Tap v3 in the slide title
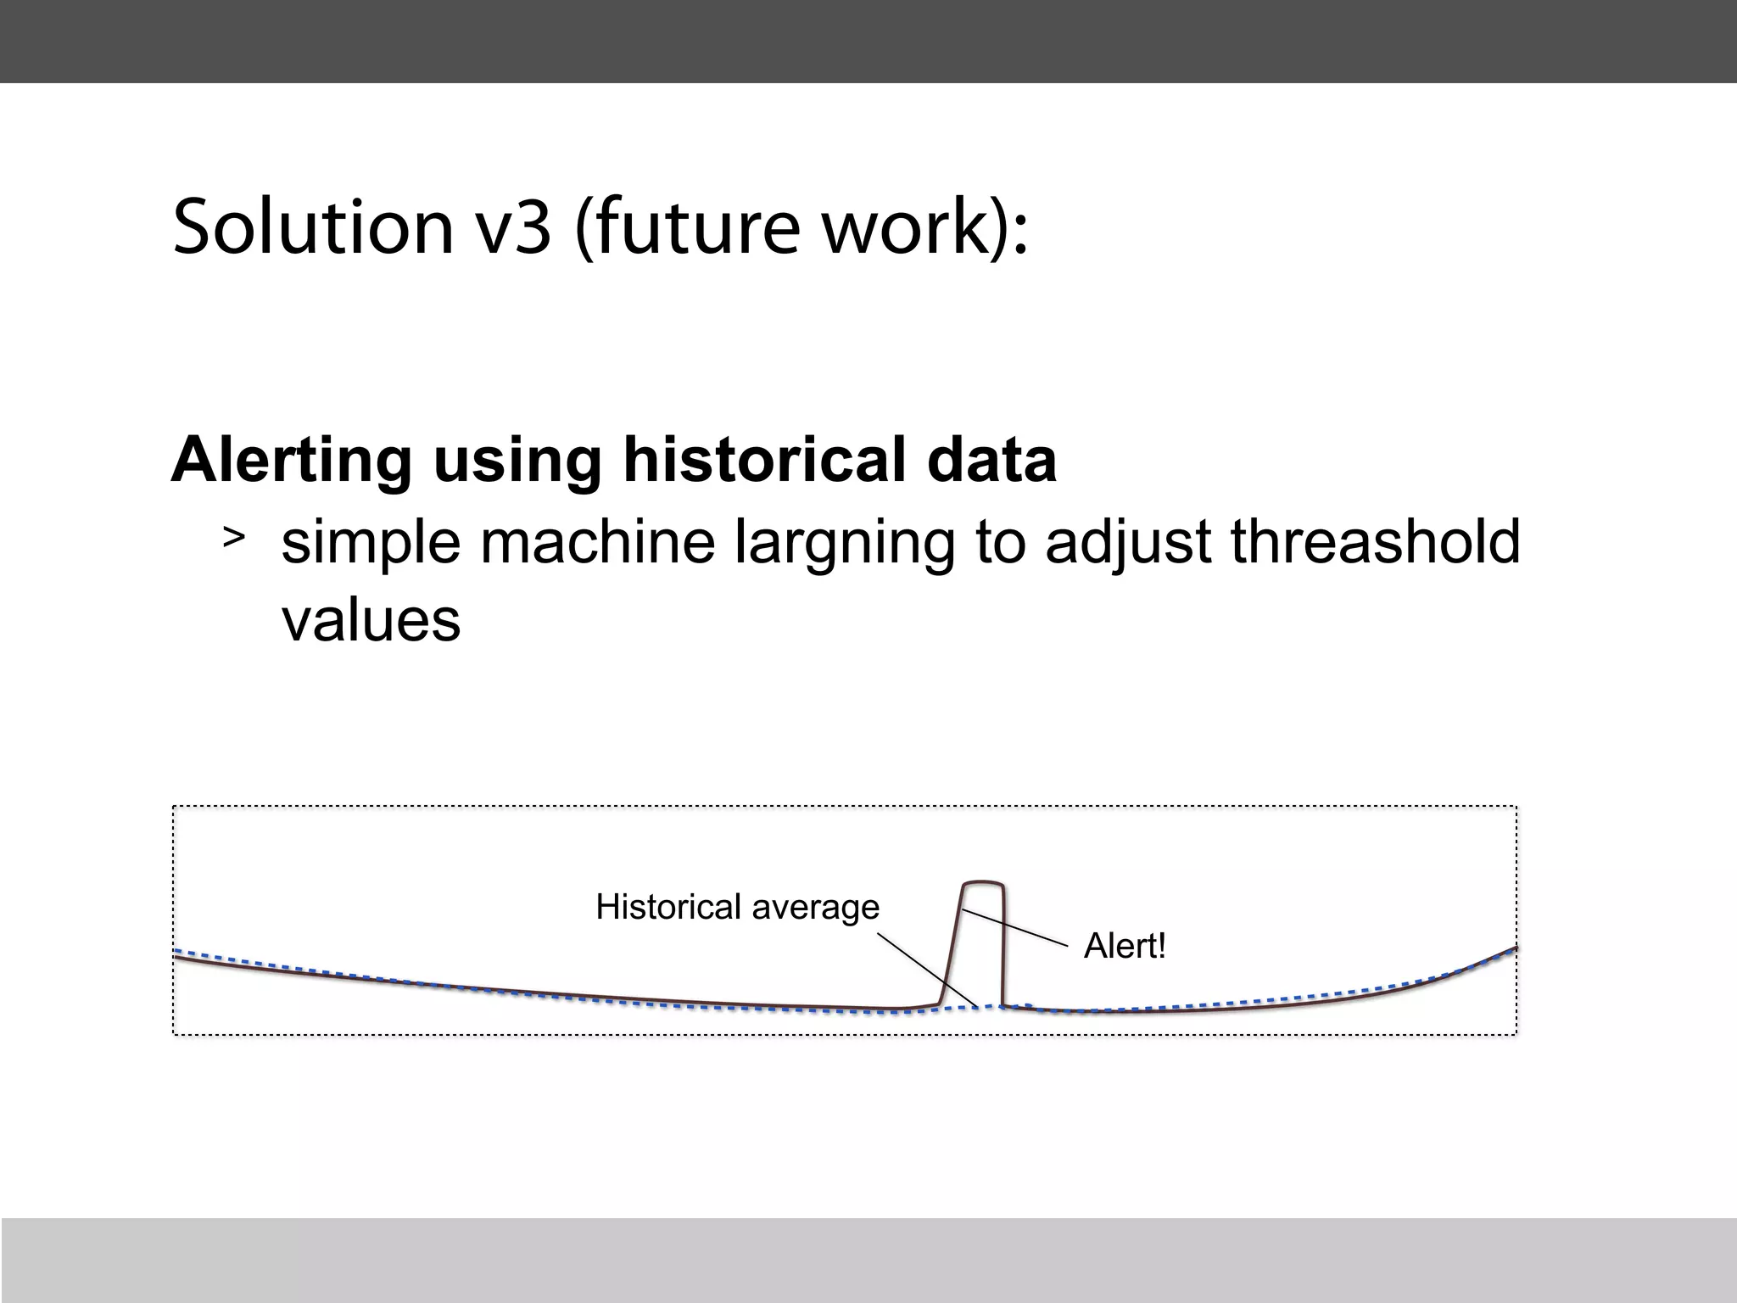(x=513, y=226)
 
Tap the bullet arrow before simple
(x=234, y=537)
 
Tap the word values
(x=371, y=620)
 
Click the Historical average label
(x=737, y=907)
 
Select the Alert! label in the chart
(x=1125, y=946)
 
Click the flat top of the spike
(x=983, y=883)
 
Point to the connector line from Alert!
(x=1015, y=927)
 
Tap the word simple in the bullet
(x=370, y=543)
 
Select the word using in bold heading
(x=517, y=460)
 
